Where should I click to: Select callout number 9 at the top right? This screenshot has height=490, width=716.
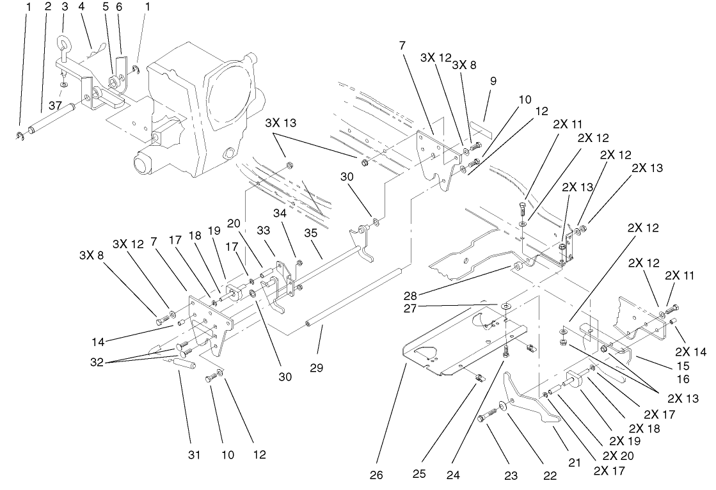[493, 81]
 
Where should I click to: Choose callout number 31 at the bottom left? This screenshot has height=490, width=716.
[194, 455]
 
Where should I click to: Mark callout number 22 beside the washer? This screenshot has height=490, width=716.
[550, 475]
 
